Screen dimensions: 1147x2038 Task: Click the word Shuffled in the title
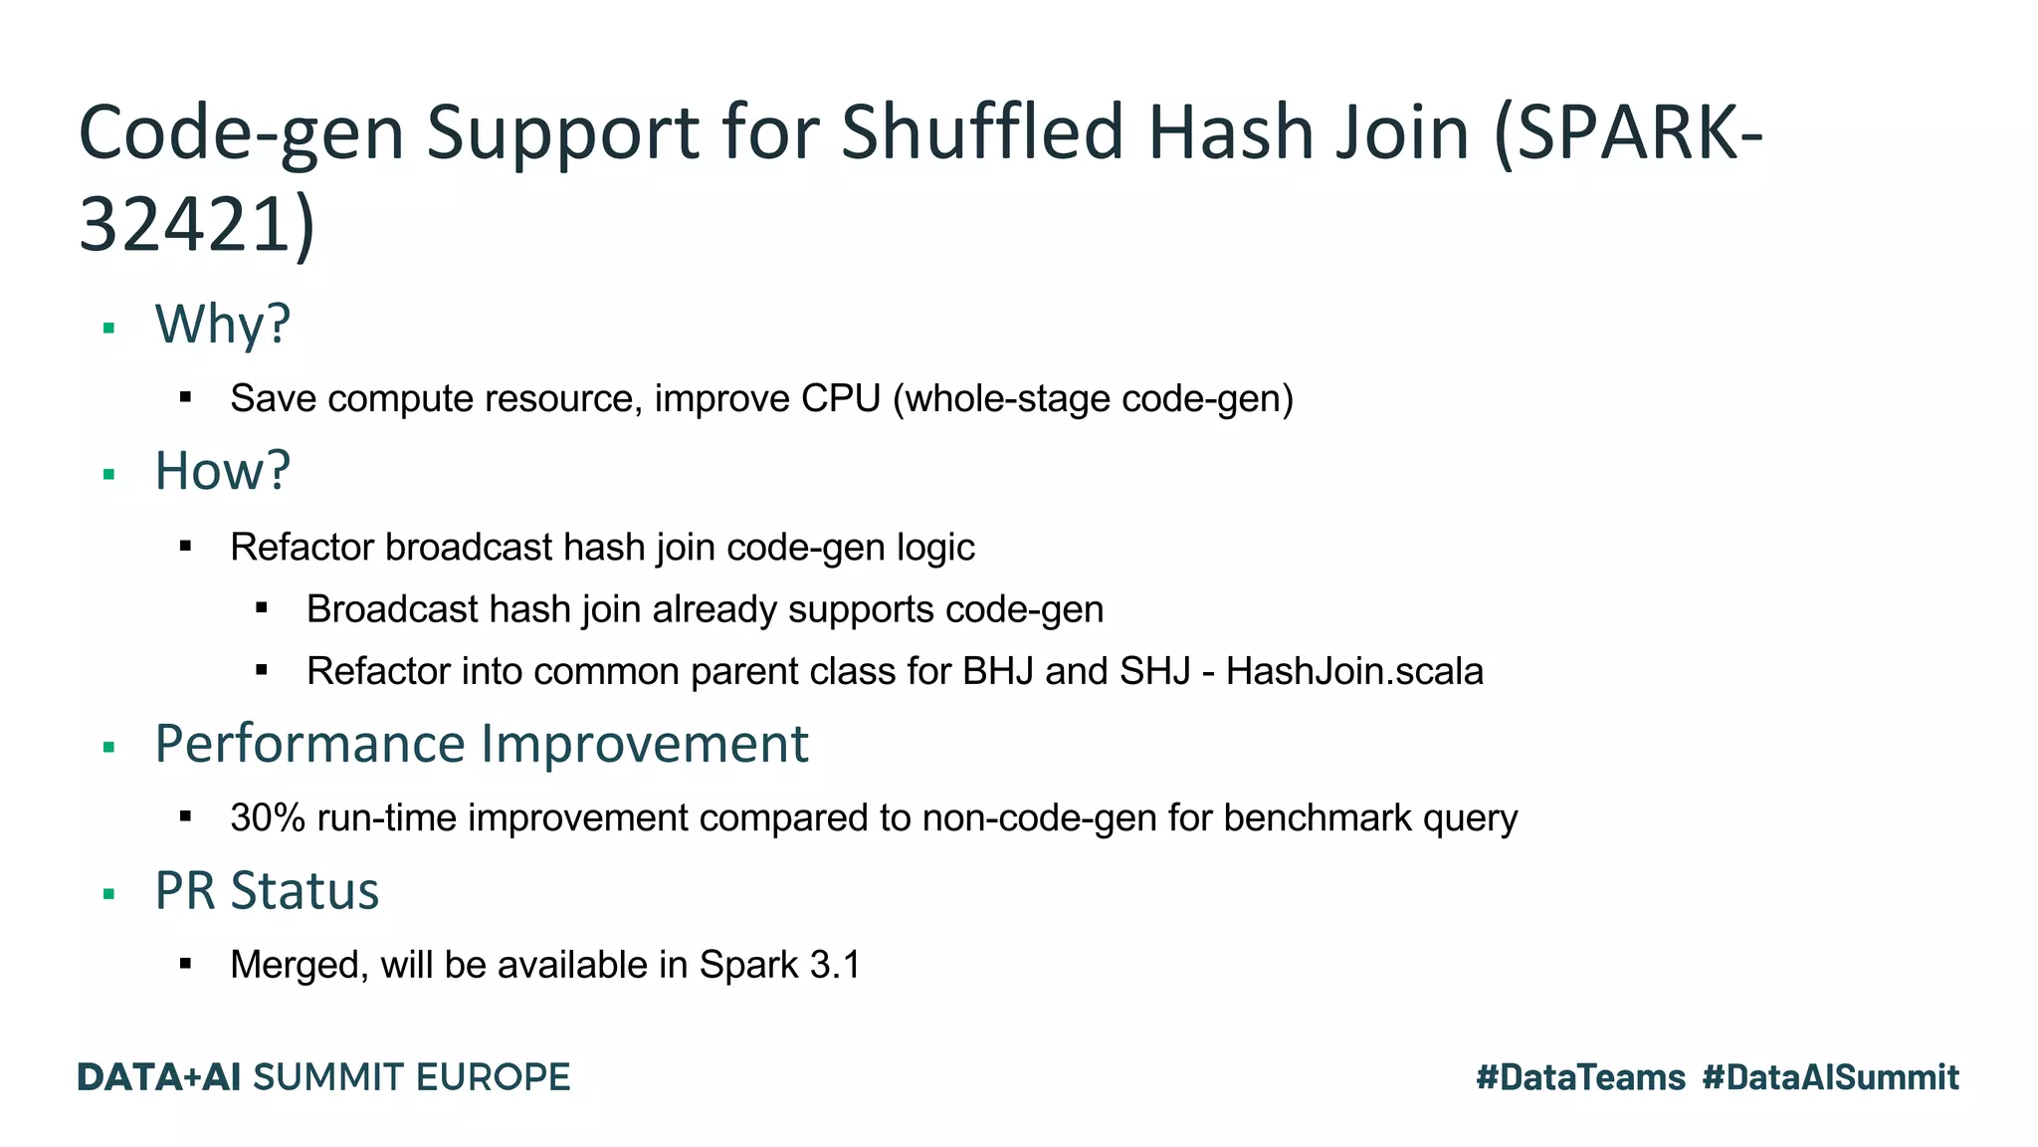[983, 132]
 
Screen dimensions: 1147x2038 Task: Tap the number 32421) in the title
[196, 225]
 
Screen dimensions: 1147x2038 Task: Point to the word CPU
[841, 398]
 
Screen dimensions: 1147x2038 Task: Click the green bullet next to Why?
[109, 328]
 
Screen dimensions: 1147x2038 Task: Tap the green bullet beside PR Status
[109, 894]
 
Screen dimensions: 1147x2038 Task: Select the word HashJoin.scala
[1354, 671]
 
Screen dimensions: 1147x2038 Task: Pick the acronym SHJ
[1154, 671]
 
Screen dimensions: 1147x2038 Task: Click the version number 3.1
[835, 965]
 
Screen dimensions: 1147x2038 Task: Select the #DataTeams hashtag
[1580, 1077]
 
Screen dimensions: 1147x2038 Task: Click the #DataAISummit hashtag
[1830, 1077]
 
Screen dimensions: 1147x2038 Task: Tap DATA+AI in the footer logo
[159, 1077]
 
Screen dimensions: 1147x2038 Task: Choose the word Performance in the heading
[309, 744]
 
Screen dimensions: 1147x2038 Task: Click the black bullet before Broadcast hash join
[262, 608]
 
